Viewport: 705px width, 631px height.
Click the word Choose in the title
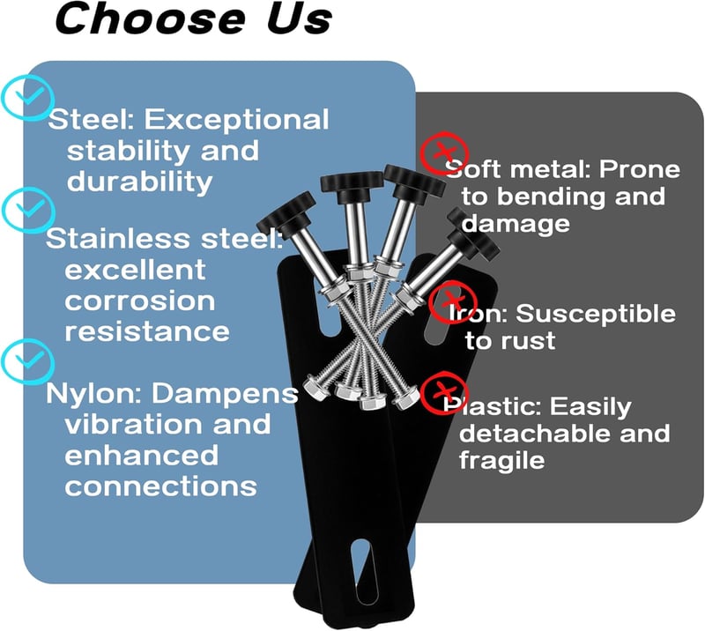150,19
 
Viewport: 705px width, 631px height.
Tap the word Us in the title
299,19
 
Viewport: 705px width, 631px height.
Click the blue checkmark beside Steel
28,98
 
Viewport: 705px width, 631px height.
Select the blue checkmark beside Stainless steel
28,210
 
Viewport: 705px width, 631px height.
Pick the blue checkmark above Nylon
28,361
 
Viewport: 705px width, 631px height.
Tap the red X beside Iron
452,301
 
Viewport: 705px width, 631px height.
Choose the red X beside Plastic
444,393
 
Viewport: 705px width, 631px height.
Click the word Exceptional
236,121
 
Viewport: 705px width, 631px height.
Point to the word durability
140,182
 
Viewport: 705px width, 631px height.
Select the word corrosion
140,301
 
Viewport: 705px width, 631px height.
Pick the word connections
161,486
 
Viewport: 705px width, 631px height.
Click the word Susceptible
596,314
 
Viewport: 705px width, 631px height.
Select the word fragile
501,461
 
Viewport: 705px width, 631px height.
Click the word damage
516,224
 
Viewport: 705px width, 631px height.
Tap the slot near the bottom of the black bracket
365,570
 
